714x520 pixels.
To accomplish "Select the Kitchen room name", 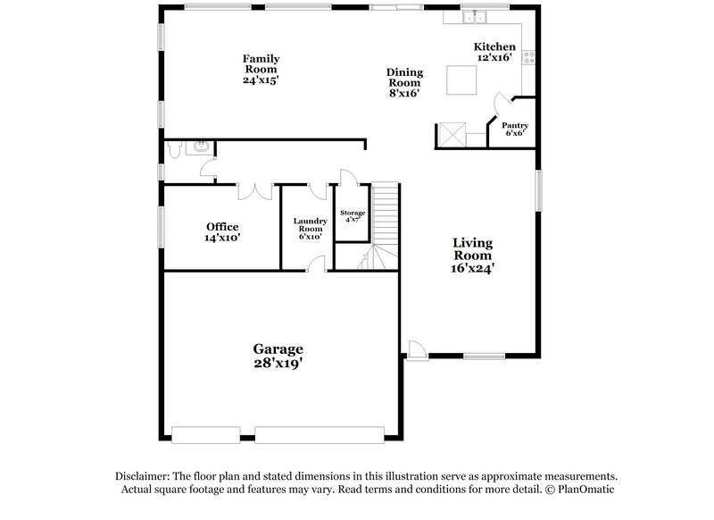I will tap(494, 46).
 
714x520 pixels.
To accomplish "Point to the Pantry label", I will tap(515, 125).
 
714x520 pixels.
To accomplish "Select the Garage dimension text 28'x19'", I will tap(277, 364).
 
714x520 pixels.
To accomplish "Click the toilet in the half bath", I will tap(174, 147).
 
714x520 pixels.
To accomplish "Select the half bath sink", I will tap(202, 146).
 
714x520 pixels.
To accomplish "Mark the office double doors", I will tap(255, 190).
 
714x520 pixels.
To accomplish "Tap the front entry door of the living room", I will tap(415, 350).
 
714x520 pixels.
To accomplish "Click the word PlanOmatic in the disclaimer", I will tap(586, 490).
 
